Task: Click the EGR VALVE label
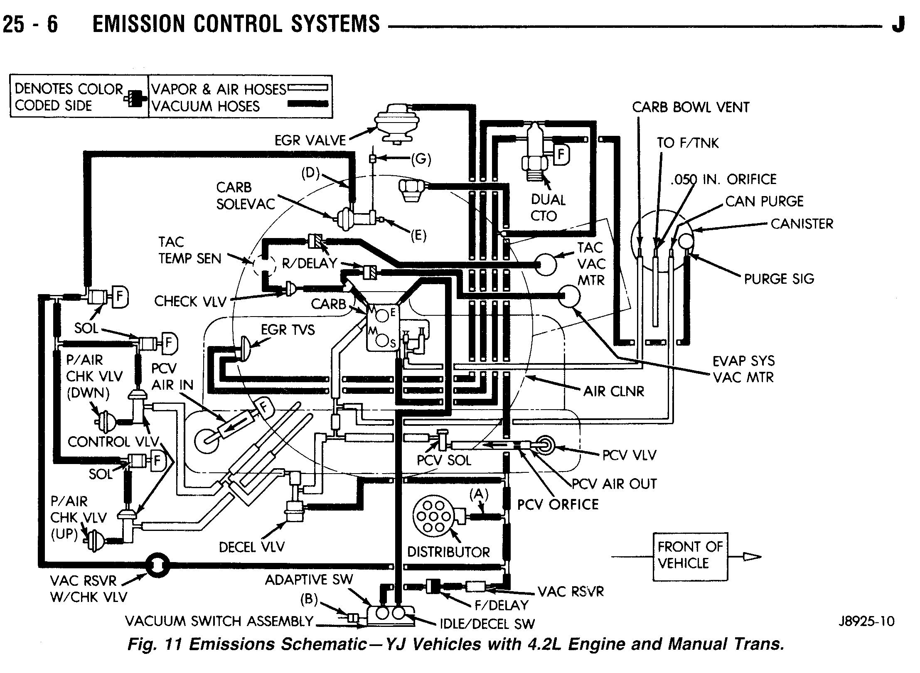point(310,140)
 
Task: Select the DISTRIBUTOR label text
point(448,552)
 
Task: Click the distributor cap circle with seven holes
point(433,516)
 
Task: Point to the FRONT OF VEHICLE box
point(690,557)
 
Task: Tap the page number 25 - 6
point(30,24)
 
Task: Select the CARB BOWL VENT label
point(691,107)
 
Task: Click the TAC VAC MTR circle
point(546,264)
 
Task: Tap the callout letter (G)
point(421,159)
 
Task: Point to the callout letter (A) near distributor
point(479,494)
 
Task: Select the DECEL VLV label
point(252,547)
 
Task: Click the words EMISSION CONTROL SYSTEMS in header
point(236,24)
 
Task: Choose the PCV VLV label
point(629,455)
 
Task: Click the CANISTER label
point(802,224)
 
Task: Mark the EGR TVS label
point(288,330)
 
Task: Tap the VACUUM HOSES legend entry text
point(205,106)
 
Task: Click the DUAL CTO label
point(548,208)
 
